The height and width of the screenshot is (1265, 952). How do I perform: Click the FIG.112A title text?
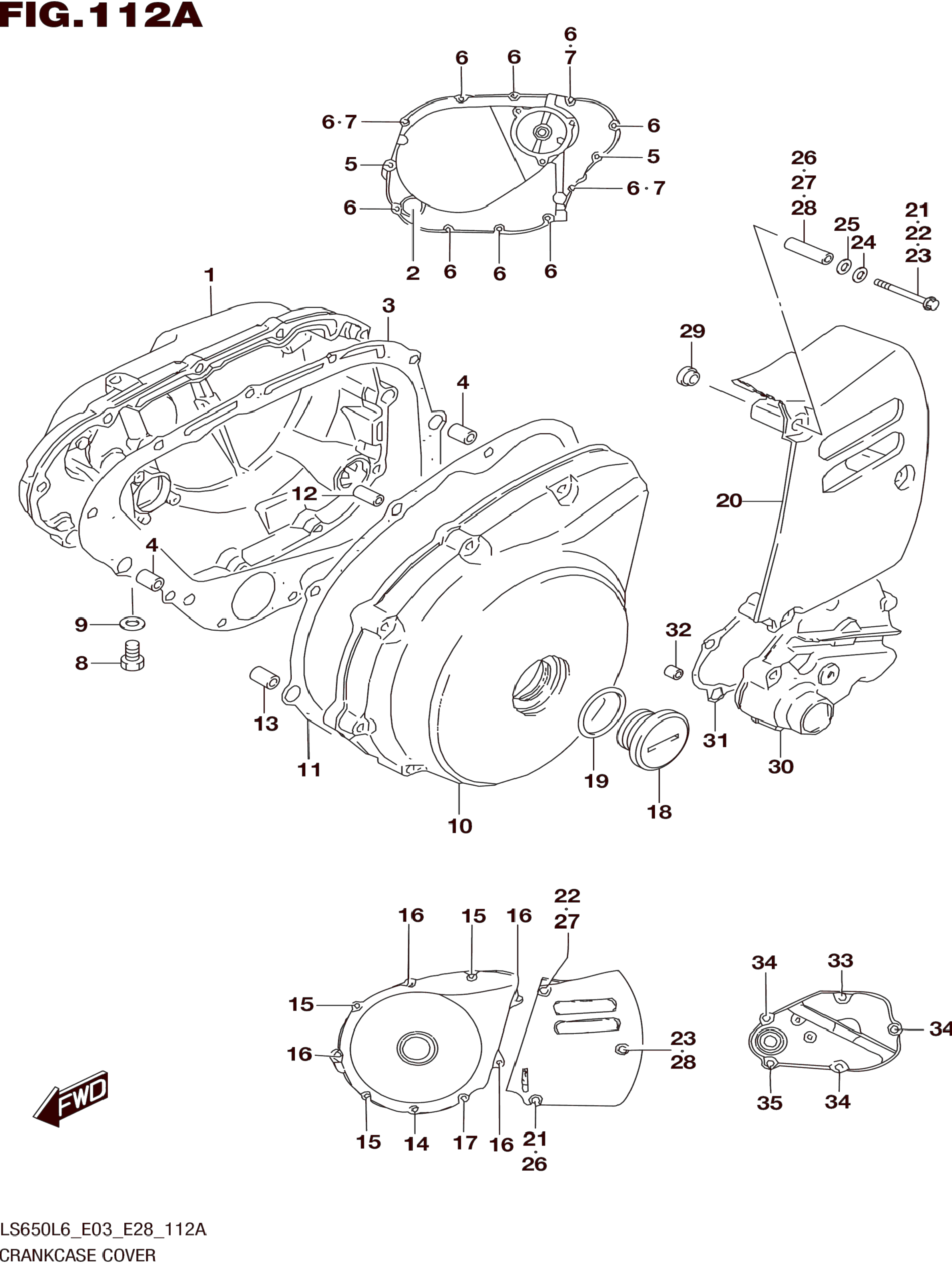(x=101, y=16)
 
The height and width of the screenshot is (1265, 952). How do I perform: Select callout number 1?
(x=209, y=275)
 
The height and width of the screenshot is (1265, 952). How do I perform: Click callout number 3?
(x=388, y=306)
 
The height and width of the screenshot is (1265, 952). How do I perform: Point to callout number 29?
(x=692, y=331)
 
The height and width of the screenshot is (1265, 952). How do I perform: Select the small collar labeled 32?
(x=673, y=671)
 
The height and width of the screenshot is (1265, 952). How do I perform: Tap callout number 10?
(x=460, y=826)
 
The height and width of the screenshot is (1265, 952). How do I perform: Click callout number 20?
(x=729, y=501)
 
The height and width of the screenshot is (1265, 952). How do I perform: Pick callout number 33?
(x=840, y=960)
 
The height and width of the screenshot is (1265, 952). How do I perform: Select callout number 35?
(x=769, y=1103)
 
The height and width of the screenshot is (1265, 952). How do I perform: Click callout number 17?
(x=465, y=1143)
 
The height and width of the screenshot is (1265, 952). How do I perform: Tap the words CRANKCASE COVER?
(x=78, y=1255)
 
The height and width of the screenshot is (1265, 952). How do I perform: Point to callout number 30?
(x=781, y=767)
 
